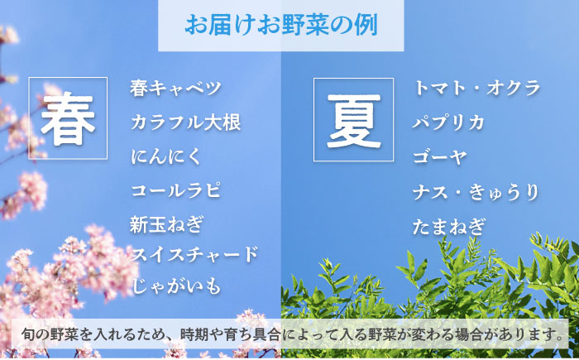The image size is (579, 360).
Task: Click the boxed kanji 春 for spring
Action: (69, 118)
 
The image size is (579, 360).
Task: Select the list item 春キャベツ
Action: (176, 88)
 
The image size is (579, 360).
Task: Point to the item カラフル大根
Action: (185, 123)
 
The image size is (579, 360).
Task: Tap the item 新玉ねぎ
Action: (166, 223)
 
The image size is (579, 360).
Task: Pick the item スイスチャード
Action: (194, 254)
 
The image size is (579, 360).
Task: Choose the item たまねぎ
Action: (449, 226)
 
